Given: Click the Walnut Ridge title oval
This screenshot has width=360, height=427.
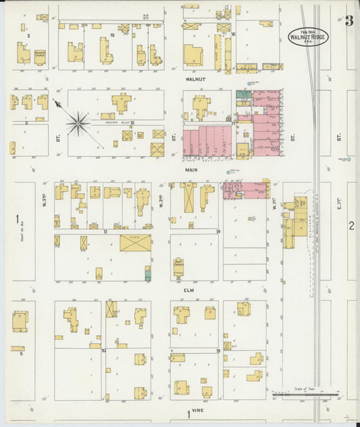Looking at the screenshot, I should click(x=308, y=36).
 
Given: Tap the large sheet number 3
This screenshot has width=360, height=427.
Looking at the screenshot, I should click(x=349, y=21).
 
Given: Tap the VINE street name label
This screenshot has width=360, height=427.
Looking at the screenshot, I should click(x=197, y=410).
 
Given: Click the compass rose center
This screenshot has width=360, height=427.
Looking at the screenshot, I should click(x=78, y=123).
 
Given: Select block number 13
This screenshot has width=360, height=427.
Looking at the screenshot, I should click(x=111, y=34).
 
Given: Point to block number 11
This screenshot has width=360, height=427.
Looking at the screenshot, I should click(x=106, y=231).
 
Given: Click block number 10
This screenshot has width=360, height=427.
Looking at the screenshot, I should click(x=103, y=351).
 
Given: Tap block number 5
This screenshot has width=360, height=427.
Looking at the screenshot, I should click(x=21, y=353).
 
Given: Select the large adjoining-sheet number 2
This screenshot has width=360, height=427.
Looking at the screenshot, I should click(x=351, y=226).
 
